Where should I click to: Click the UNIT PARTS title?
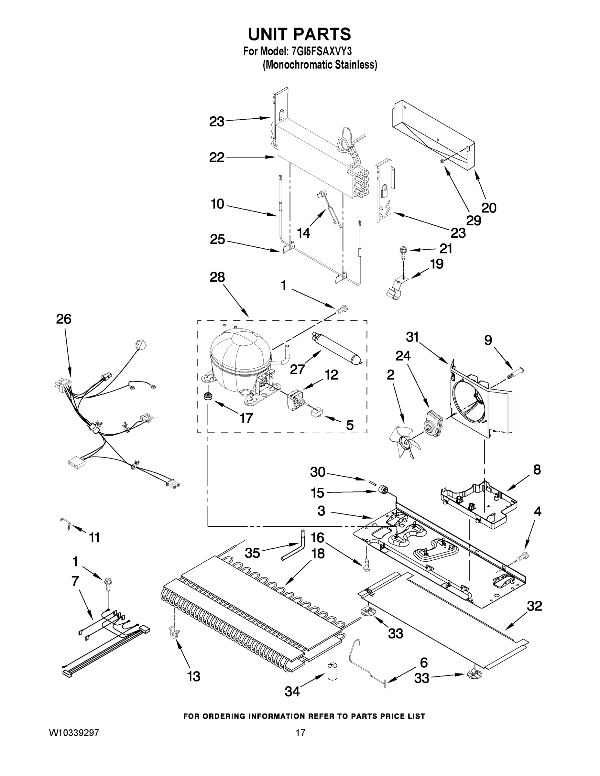click(x=299, y=35)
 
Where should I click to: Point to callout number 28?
click(x=217, y=277)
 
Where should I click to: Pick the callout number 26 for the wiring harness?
click(x=64, y=319)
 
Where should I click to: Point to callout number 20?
click(x=488, y=208)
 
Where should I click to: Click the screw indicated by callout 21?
click(x=403, y=251)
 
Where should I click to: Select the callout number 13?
click(x=194, y=676)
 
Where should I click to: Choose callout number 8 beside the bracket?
click(x=537, y=469)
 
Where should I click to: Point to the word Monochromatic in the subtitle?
click(x=297, y=65)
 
